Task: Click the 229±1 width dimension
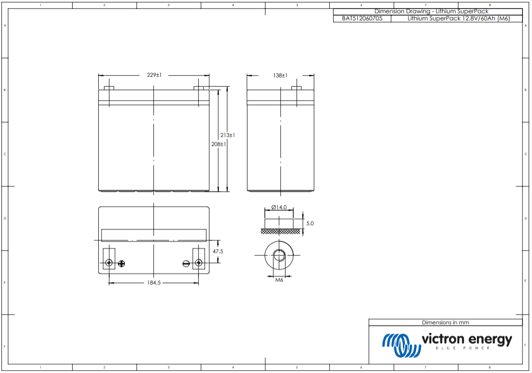click(154, 75)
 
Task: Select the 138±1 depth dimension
click(280, 75)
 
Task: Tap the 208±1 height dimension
click(218, 144)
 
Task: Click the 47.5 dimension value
click(217, 251)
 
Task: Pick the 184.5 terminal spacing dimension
click(154, 282)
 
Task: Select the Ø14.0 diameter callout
click(279, 207)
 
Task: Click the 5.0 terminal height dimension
click(310, 223)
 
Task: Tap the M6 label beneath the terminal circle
click(279, 280)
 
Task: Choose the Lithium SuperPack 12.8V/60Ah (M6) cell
click(458, 18)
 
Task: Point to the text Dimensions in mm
click(445, 322)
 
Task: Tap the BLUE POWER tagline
click(462, 348)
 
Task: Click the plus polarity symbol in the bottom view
click(121, 263)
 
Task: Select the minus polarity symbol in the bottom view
click(187, 263)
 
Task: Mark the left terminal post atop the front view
click(109, 88)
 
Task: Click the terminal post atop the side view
click(296, 88)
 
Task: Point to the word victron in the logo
click(443, 339)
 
